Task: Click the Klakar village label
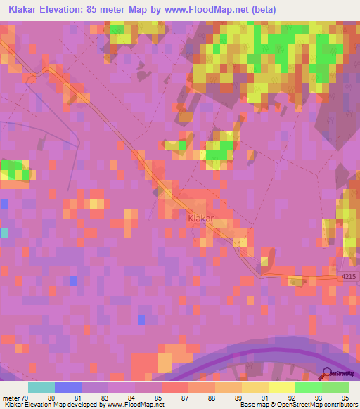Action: pos(200,219)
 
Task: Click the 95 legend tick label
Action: pos(345,398)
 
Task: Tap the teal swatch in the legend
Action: pos(41,387)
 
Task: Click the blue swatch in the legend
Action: pos(68,387)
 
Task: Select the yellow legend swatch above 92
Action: pos(281,387)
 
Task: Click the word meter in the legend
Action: pos(11,398)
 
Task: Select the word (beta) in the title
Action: pos(262,10)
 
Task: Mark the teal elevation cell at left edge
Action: pos(4,232)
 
